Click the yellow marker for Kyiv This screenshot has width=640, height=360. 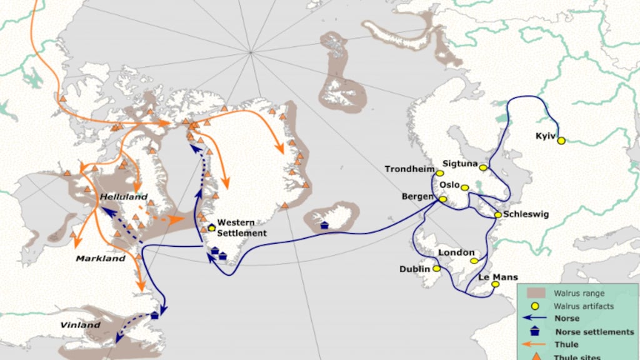[x=561, y=141]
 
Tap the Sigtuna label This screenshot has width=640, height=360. [x=460, y=164]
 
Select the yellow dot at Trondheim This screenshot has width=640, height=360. [x=440, y=173]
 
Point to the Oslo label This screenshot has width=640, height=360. [x=449, y=185]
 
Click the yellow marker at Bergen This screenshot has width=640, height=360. [x=443, y=199]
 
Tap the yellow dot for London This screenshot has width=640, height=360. [x=474, y=261]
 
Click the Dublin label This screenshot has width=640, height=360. [x=415, y=269]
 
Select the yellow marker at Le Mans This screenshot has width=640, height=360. [x=495, y=284]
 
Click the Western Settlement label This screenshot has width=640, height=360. [x=242, y=228]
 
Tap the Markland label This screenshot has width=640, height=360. [x=97, y=258]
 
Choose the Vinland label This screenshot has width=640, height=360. [x=80, y=325]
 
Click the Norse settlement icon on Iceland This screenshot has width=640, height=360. [x=324, y=226]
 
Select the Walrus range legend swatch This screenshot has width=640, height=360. [x=536, y=292]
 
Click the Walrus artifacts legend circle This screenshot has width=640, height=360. [x=536, y=306]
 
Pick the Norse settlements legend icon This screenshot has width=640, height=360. [x=536, y=332]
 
